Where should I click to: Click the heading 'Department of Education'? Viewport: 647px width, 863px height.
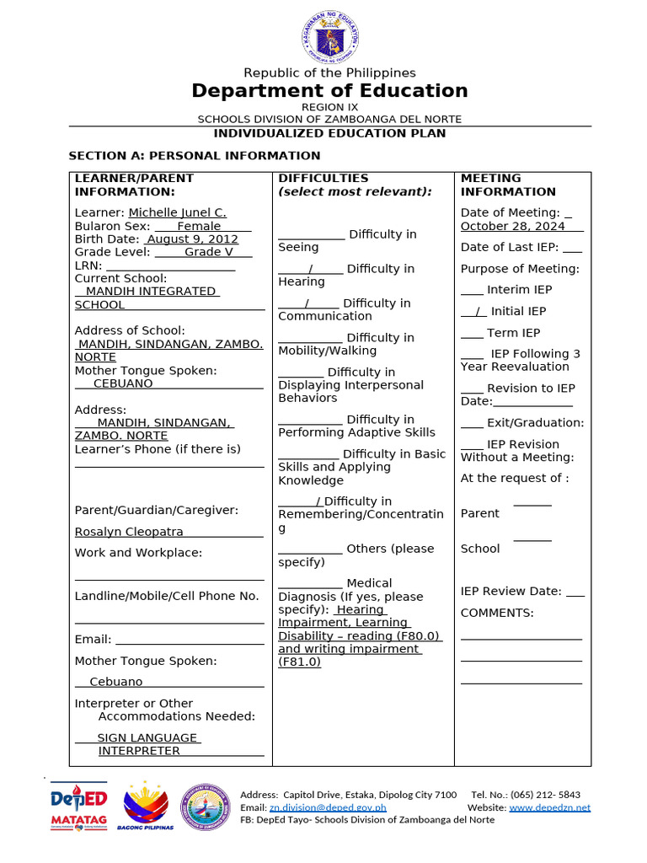click(x=329, y=91)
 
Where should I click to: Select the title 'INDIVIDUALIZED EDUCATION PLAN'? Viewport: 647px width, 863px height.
click(x=329, y=133)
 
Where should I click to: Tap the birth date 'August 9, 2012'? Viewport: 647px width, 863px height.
click(x=193, y=239)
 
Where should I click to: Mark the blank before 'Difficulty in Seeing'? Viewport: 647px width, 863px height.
click(x=311, y=234)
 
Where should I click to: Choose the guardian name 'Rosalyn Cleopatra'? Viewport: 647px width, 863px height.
click(x=129, y=532)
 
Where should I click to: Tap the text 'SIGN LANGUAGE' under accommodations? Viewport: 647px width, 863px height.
click(x=147, y=738)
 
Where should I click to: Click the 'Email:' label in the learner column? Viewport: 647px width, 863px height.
click(x=93, y=640)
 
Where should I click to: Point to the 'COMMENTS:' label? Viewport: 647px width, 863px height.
click(x=497, y=613)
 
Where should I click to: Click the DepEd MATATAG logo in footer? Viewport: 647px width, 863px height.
click(x=78, y=807)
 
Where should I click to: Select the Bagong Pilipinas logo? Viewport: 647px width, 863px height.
click(x=148, y=807)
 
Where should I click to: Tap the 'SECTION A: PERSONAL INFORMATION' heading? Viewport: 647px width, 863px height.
click(x=194, y=156)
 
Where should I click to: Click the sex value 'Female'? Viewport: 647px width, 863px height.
click(x=199, y=226)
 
